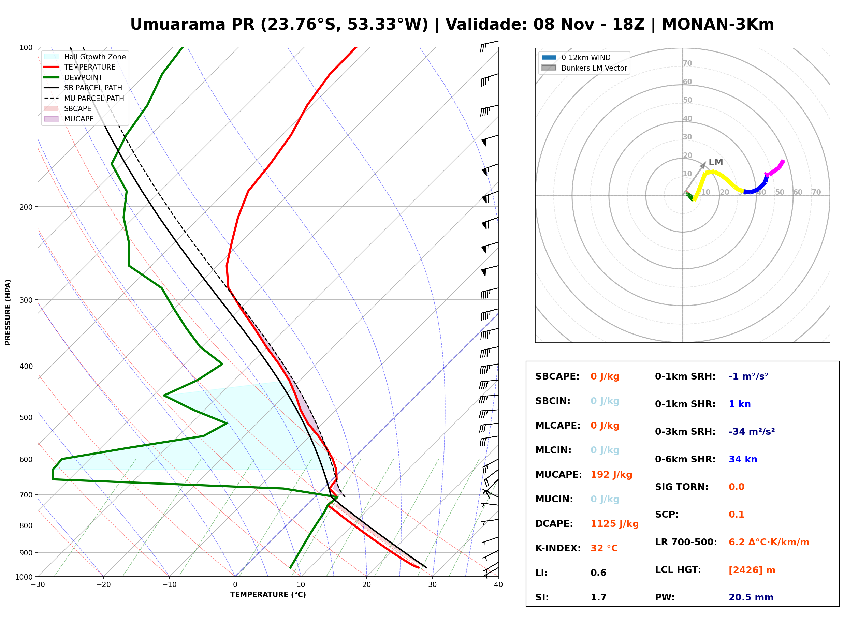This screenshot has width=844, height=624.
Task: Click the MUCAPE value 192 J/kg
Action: pos(611,474)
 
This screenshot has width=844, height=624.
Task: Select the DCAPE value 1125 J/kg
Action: pos(614,523)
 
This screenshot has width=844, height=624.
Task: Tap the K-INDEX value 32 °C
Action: pos(604,548)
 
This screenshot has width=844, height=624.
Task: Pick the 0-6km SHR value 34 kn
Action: pos(743,459)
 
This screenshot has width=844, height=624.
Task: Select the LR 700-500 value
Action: pos(769,542)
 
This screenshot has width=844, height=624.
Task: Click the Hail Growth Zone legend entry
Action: pos(85,57)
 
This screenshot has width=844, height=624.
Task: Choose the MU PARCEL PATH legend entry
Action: pos(84,98)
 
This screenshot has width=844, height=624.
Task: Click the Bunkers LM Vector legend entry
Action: pos(584,68)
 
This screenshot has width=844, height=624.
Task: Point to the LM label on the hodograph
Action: pos(715,162)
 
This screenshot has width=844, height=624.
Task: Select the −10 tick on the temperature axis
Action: pos(169,585)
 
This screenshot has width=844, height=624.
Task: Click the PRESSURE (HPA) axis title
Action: pos(8,312)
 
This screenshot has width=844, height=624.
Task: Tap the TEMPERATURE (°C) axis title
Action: pos(268,595)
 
